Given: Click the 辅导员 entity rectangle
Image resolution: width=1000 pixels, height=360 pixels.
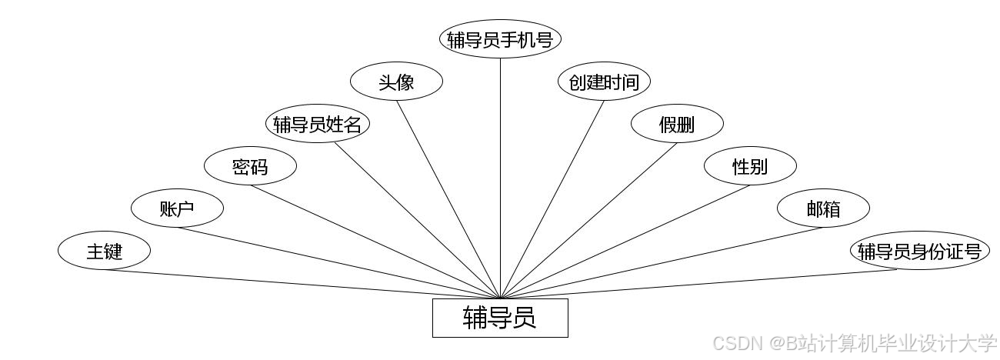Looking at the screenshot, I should (x=500, y=318).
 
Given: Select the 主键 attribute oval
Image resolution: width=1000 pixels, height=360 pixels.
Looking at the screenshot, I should (x=104, y=251).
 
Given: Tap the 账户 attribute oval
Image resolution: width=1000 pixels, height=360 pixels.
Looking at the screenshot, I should (x=177, y=208).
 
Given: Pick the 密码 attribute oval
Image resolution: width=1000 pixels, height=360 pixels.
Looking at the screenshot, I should (x=250, y=166).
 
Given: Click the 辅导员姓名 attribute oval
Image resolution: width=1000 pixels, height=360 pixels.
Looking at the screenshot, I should (x=317, y=124).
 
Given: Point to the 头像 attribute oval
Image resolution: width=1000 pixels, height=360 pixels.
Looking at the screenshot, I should (x=396, y=82).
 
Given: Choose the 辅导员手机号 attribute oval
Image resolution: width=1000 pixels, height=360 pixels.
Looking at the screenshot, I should (x=500, y=39).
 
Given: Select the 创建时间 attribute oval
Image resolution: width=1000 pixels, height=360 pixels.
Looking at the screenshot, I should (x=604, y=82).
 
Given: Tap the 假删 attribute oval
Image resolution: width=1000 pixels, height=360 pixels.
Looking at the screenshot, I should (x=677, y=124).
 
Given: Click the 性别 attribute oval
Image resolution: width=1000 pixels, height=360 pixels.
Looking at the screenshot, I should (x=750, y=166).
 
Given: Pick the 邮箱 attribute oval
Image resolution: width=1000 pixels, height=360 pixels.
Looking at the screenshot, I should (x=823, y=208).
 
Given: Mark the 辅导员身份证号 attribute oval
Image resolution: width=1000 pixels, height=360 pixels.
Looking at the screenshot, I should (x=919, y=251).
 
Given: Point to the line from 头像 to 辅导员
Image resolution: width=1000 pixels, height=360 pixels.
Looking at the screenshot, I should (x=448, y=199).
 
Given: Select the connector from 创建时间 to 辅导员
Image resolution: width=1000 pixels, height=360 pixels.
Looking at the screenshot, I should (x=552, y=199).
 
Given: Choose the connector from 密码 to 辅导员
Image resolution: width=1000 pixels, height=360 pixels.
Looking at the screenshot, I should (x=375, y=242).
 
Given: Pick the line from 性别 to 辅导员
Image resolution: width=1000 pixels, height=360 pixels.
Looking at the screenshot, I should (x=625, y=242).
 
